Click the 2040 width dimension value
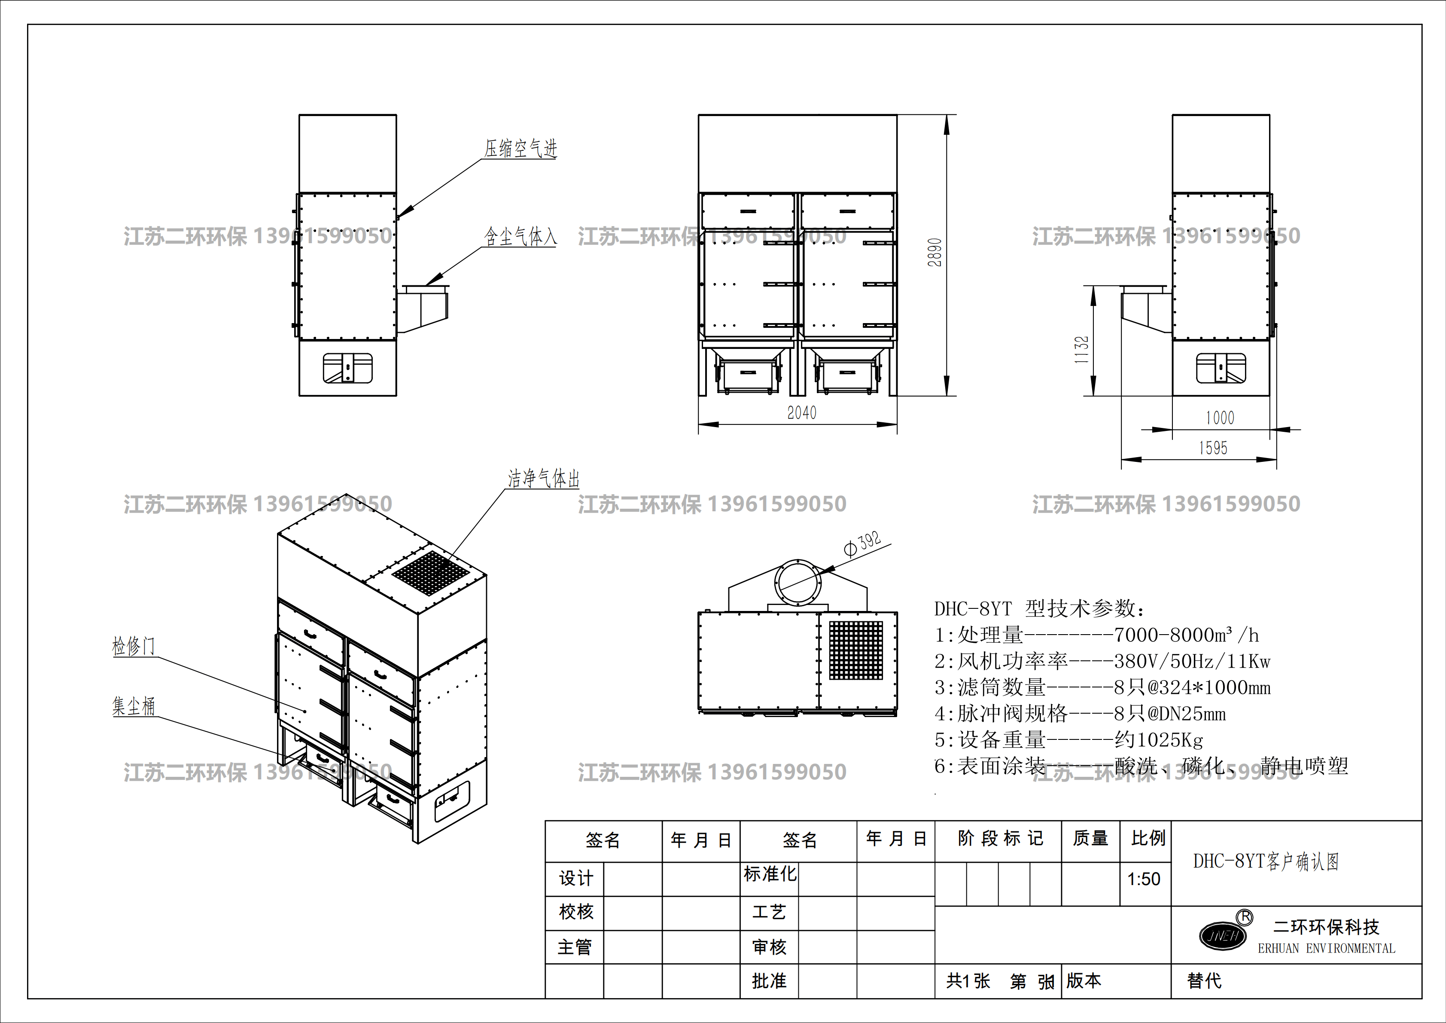[802, 412]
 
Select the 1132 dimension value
[1082, 350]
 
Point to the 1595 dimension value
[1213, 448]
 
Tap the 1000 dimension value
[1220, 418]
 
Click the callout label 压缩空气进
[520, 149]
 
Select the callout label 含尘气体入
[520, 237]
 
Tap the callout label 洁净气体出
[544, 479]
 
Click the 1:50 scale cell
[1144, 879]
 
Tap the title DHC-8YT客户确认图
[1266, 861]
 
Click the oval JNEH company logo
[1222, 935]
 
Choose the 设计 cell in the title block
[575, 879]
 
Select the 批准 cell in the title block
[769, 981]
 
